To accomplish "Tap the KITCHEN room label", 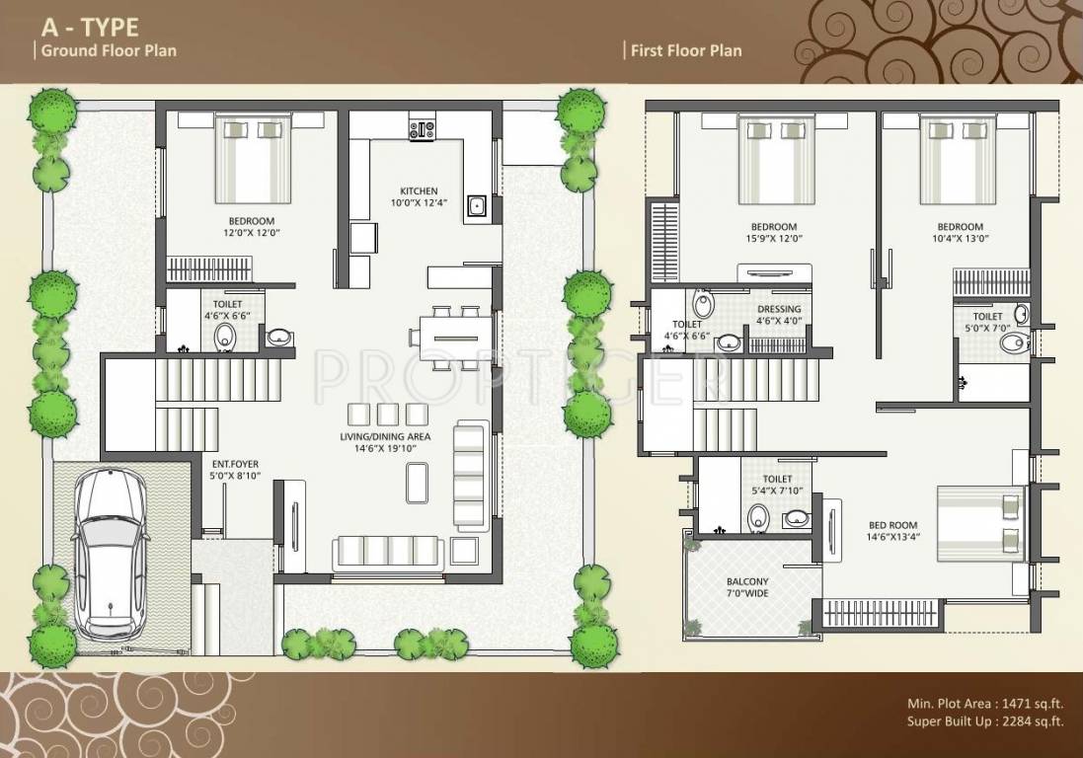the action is tap(419, 190).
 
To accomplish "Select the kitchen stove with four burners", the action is tap(422, 131).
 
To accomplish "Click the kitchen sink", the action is tap(476, 205).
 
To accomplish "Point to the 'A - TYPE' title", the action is tap(90, 27).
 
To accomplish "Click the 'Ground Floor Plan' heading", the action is tap(109, 50).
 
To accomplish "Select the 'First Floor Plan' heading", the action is tap(686, 50).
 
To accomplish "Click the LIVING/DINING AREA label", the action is tap(385, 436).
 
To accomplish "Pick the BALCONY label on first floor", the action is tap(747, 582).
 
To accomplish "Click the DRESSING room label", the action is tap(779, 309).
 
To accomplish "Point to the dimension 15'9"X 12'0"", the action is tap(774, 239).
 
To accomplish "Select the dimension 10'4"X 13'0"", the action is tap(960, 239).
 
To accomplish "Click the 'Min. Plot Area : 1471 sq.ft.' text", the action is tap(985, 704).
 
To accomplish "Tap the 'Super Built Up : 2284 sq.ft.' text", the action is tap(985, 722).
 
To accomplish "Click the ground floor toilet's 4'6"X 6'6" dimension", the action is tap(227, 316).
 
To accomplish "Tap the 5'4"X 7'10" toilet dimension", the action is tap(777, 491).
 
